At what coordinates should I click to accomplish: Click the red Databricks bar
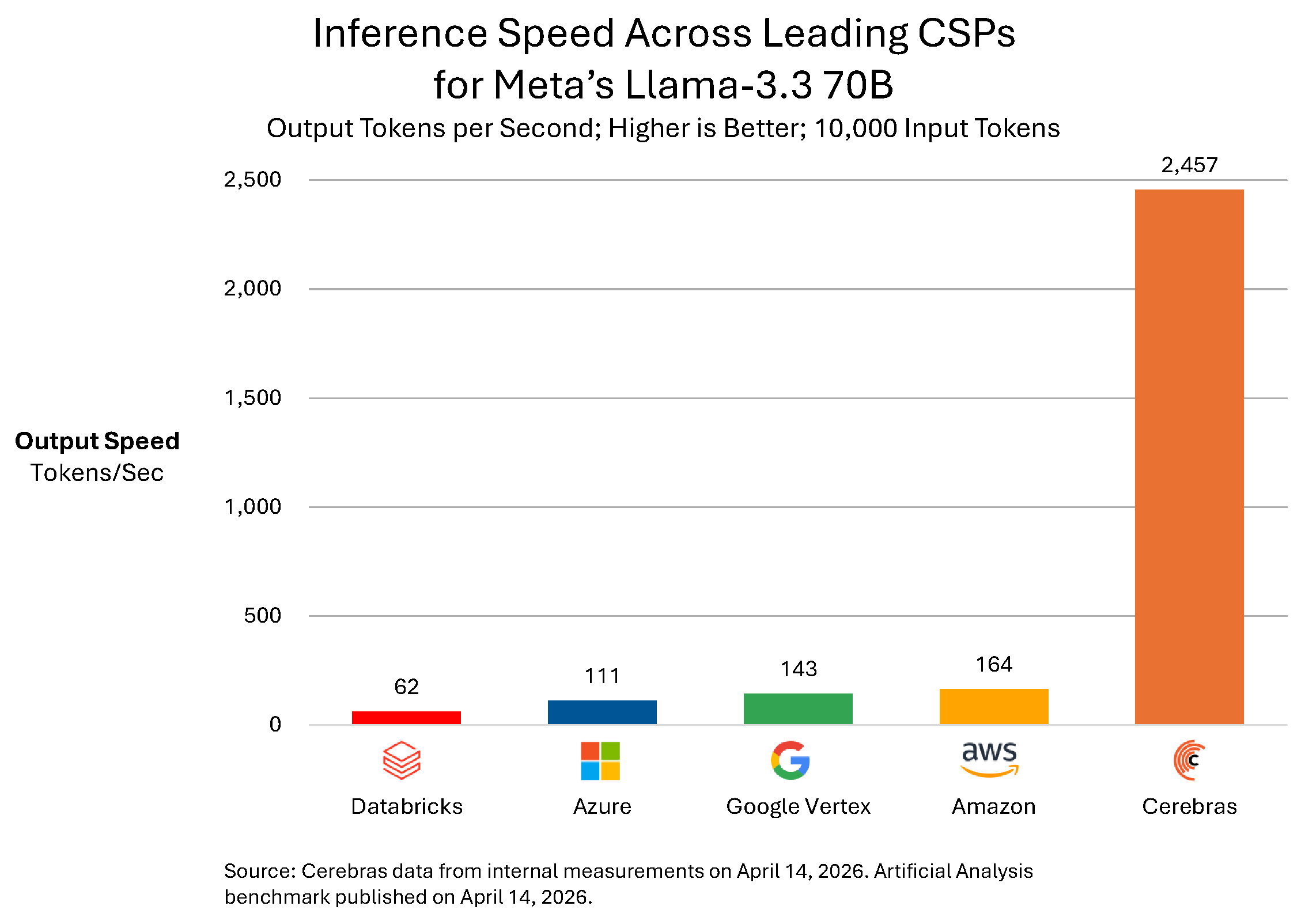406,717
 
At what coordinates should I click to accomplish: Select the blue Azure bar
602,712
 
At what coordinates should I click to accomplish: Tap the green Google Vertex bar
798,708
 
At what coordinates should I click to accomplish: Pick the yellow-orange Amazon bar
994,706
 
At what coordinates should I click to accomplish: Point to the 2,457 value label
1189,165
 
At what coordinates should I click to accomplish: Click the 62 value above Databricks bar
406,687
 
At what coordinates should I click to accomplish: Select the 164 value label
994,665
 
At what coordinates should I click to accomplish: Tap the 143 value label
799,669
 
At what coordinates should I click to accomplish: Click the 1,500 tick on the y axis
252,397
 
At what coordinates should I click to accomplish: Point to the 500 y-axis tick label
262,616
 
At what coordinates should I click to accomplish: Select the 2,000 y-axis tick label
252,289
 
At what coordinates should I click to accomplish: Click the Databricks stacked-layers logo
402,760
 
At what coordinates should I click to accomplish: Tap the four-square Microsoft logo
600,761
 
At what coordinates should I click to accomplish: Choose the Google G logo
790,760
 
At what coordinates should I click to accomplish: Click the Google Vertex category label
798,806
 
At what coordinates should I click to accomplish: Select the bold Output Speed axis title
97,441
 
